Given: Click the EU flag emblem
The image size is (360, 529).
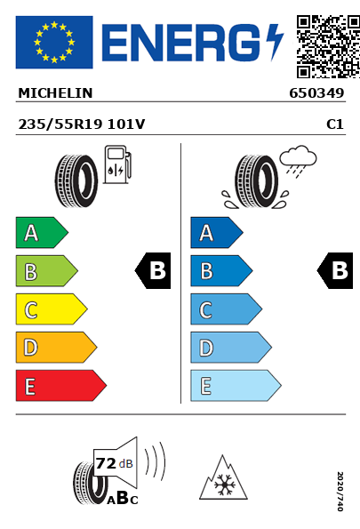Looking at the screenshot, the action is click(x=54, y=42).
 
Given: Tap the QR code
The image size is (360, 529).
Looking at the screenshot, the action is click(x=328, y=46).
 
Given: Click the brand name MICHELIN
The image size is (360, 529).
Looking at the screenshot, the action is click(x=55, y=93).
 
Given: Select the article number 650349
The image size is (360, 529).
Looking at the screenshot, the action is click(x=316, y=93).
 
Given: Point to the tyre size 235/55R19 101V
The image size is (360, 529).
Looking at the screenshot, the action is click(x=82, y=124).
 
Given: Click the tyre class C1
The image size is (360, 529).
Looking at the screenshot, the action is click(x=335, y=124).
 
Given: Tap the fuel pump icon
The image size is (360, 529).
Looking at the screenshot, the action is click(x=117, y=164).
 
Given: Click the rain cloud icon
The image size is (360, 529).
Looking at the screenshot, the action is click(x=298, y=161).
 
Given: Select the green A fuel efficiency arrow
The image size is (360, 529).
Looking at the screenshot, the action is click(x=42, y=233).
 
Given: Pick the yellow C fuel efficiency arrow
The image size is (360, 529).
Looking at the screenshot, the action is click(x=52, y=309).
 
